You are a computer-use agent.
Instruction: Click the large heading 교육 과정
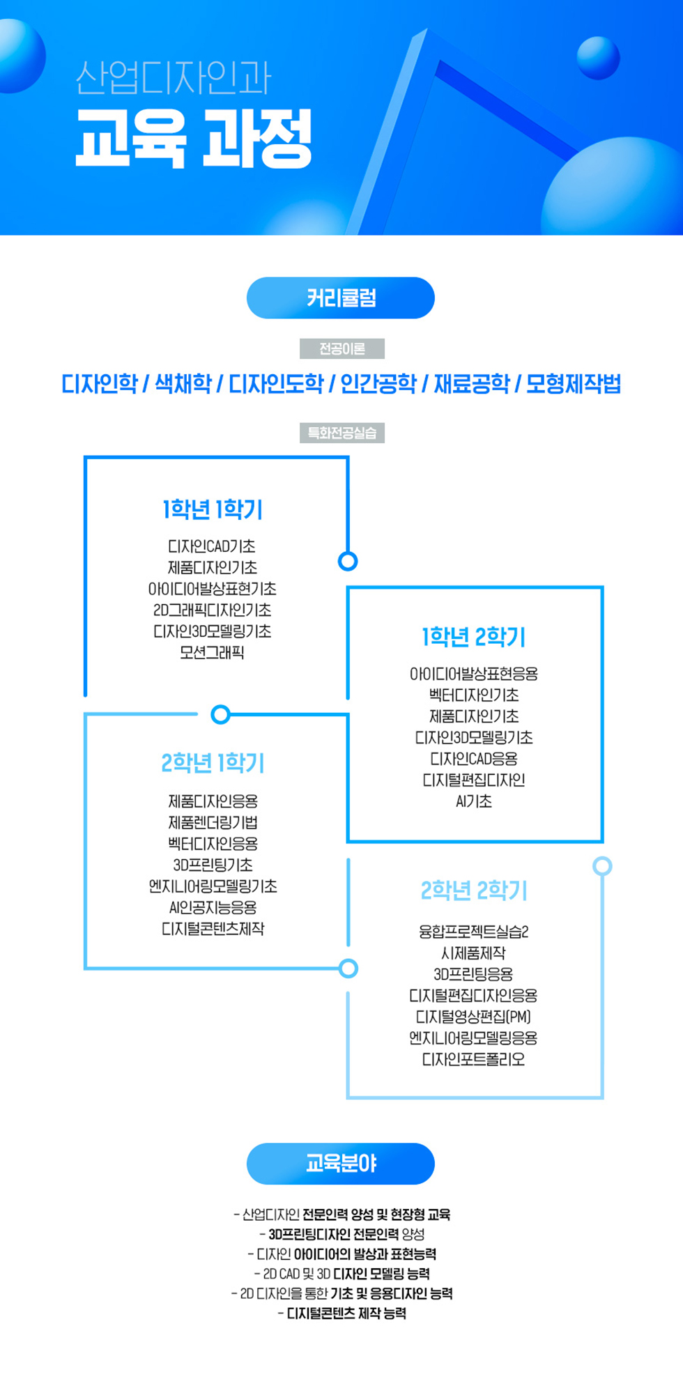[194, 138]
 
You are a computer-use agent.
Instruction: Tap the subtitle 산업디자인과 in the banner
[173, 77]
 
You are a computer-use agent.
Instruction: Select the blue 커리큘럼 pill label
[341, 298]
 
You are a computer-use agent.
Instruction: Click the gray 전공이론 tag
[341, 348]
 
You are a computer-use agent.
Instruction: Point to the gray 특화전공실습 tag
[341, 433]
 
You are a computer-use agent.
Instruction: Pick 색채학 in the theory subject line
[183, 383]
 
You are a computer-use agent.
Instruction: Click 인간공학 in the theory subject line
[378, 383]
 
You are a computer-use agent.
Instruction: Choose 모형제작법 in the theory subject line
[573, 383]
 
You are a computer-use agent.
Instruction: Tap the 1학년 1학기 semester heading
[213, 509]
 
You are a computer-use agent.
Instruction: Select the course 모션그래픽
[213, 653]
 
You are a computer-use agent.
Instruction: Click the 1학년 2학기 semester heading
[474, 637]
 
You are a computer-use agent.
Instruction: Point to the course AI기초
[474, 801]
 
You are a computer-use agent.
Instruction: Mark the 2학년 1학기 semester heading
[213, 763]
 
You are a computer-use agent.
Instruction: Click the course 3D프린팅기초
[213, 865]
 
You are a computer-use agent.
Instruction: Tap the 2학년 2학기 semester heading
[474, 890]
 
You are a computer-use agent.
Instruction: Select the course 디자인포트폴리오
[474, 1059]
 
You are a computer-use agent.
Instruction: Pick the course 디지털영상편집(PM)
[474, 1017]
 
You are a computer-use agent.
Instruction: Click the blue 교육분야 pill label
[341, 1164]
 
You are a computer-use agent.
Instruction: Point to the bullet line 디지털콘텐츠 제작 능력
[341, 1313]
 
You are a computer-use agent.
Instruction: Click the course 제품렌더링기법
[213, 822]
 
